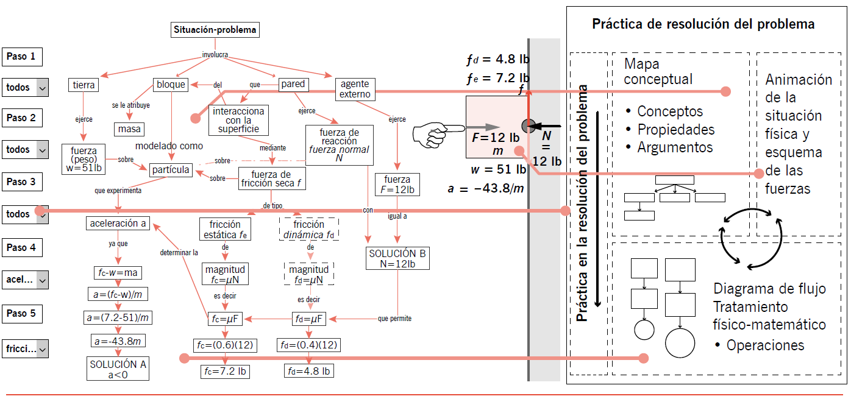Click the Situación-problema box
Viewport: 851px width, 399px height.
tap(215, 30)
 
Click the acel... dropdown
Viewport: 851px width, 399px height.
tap(25, 280)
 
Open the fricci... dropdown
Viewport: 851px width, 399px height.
tap(25, 350)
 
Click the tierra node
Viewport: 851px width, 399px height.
tap(84, 85)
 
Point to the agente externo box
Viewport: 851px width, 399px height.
tap(355, 89)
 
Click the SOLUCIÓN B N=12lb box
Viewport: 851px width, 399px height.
tap(398, 258)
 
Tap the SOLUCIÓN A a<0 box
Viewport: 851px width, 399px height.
tap(118, 369)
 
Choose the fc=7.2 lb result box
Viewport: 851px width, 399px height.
tap(225, 370)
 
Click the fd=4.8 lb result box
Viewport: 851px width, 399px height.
tap(309, 370)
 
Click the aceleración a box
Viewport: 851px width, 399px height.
tap(118, 224)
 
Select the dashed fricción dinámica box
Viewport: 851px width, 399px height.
tap(309, 229)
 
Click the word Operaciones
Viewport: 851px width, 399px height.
tap(765, 345)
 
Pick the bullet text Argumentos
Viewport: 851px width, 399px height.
tap(675, 147)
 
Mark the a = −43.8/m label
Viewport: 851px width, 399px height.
tap(486, 189)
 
